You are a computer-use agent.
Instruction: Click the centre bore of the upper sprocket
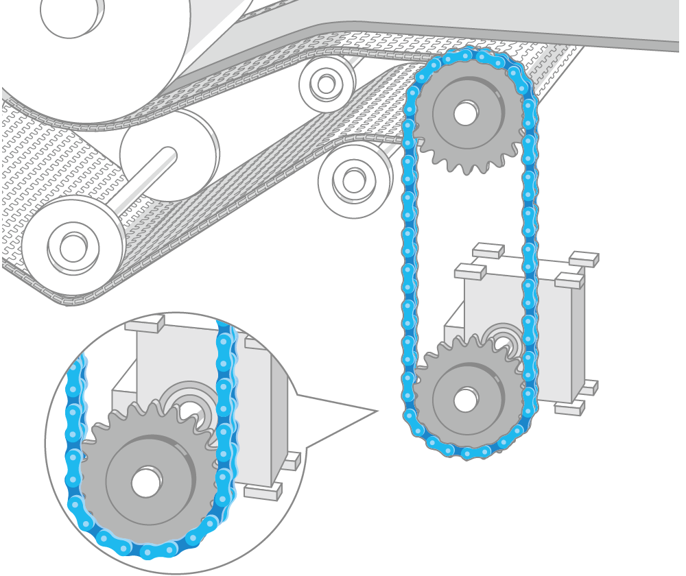coord(466,113)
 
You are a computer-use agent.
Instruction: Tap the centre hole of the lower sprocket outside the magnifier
coord(466,399)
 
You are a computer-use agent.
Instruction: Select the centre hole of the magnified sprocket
coord(145,482)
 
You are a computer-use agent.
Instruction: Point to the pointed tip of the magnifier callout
coord(377,411)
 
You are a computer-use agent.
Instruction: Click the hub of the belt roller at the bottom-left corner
coord(73,248)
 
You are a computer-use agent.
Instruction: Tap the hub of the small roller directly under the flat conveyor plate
coord(326,84)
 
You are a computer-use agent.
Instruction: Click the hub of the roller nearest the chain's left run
coord(354,180)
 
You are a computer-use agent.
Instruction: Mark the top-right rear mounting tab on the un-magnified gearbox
coord(584,259)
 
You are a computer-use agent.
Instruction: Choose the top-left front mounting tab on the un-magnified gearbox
coord(470,272)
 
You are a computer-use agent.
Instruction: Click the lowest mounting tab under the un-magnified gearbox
coord(569,409)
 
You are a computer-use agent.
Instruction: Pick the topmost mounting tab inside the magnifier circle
coord(144,324)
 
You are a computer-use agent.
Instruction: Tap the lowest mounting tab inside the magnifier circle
coord(263,492)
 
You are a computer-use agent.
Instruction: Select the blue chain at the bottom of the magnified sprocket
coord(147,551)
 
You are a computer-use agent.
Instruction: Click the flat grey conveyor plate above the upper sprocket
coord(514,21)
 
